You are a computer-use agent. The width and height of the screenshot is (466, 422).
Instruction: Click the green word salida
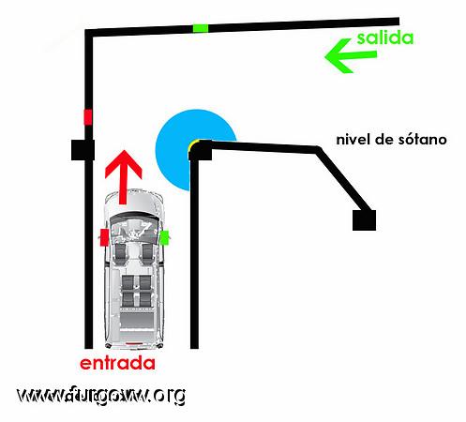pyautogui.click(x=385, y=38)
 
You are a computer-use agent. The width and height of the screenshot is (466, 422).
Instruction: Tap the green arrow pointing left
pyautogui.click(x=350, y=56)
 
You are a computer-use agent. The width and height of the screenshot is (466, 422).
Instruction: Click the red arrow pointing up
pyautogui.click(x=124, y=177)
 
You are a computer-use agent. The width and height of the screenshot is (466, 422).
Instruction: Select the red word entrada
pyautogui.click(x=117, y=363)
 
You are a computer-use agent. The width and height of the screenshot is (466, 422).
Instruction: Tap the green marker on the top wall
pyautogui.click(x=201, y=28)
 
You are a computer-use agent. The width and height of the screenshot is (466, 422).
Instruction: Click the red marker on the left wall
pyautogui.click(x=88, y=117)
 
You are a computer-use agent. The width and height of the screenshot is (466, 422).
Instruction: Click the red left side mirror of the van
pyautogui.click(x=104, y=237)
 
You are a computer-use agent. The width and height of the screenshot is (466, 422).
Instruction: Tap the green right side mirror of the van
pyautogui.click(x=164, y=237)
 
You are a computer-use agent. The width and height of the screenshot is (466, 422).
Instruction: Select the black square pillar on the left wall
pyautogui.click(x=83, y=150)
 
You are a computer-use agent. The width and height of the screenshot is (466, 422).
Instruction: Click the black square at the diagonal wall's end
pyautogui.click(x=364, y=220)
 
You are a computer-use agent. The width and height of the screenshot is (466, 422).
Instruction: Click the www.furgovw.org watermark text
pyautogui.click(x=101, y=396)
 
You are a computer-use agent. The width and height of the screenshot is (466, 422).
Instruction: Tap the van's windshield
pyautogui.click(x=133, y=218)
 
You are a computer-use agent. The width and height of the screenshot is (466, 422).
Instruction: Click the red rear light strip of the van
pyautogui.click(x=134, y=343)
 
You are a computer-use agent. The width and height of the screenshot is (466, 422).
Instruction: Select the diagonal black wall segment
pyautogui.click(x=344, y=180)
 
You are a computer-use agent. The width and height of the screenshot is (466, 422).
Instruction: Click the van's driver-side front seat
pyautogui.click(x=120, y=251)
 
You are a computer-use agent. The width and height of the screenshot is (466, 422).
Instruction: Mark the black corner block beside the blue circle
pyautogui.click(x=201, y=151)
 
